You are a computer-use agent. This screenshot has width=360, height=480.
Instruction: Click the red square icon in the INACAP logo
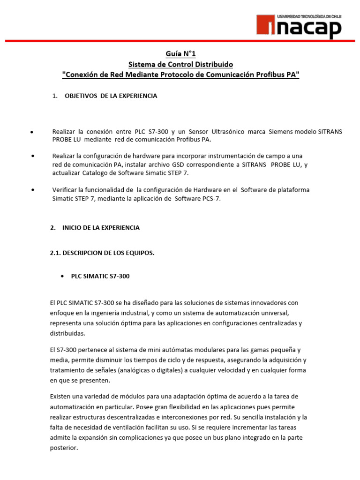coord(266,27)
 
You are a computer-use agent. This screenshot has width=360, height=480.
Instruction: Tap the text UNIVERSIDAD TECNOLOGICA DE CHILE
coord(309,16)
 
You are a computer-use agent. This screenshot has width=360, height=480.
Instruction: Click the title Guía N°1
coord(180,54)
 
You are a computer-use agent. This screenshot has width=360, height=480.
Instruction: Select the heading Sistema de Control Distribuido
coord(180,64)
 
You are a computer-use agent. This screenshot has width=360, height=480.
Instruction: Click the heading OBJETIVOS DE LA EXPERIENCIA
coord(111,96)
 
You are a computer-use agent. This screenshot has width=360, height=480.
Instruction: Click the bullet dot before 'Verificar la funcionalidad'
coord(33,190)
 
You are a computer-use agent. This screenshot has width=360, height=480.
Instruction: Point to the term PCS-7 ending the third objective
coord(210,198)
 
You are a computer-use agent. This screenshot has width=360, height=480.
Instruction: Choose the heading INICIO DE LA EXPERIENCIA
coord(101,227)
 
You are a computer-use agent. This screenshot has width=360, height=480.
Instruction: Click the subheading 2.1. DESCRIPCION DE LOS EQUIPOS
coord(102,253)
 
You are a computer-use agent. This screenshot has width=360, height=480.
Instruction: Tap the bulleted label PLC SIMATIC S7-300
coord(100,276)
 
